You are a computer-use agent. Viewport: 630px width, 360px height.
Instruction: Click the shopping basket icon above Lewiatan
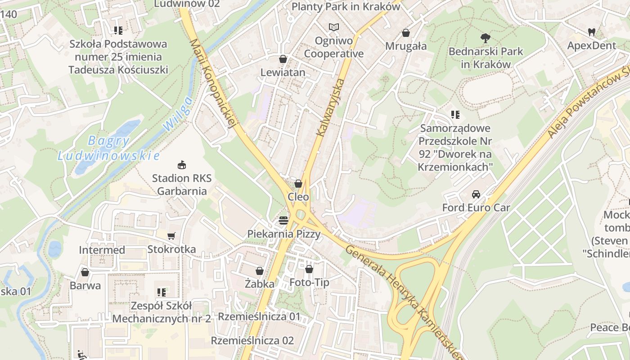point(283,59)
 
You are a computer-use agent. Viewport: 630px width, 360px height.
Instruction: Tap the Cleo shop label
point(298,197)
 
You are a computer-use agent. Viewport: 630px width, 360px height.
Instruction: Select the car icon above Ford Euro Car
point(476,194)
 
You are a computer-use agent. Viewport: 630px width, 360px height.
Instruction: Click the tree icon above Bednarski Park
point(485,38)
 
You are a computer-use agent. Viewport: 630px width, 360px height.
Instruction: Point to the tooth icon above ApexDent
point(591,32)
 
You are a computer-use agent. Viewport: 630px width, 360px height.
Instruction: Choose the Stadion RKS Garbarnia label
point(181,184)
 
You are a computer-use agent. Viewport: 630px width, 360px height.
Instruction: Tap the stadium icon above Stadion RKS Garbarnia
point(181,165)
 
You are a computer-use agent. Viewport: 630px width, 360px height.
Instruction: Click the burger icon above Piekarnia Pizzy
point(283,220)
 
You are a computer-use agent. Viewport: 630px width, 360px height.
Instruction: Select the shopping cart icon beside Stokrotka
point(171,236)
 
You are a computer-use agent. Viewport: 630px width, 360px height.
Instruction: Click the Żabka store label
point(260,284)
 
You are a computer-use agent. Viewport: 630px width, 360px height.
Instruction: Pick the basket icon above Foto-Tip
point(309,269)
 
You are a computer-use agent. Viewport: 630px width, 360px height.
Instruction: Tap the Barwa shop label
point(85,285)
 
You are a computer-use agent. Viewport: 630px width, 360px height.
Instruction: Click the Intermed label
point(102,250)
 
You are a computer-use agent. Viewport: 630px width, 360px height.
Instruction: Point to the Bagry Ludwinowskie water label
point(108,148)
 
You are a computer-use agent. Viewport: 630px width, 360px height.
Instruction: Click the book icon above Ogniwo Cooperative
point(333,27)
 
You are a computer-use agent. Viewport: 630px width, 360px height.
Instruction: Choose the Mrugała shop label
point(406,46)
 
